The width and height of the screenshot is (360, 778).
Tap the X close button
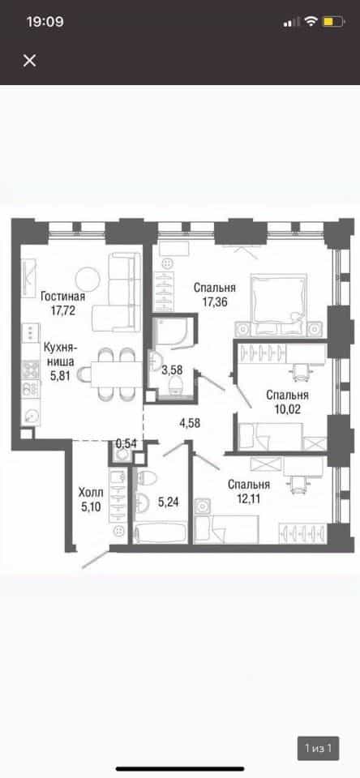(x=30, y=61)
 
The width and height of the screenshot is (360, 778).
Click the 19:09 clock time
(x=45, y=22)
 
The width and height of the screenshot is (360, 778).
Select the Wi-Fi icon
(x=311, y=21)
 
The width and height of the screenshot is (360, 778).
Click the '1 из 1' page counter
(x=319, y=748)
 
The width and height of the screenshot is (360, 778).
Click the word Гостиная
(x=63, y=297)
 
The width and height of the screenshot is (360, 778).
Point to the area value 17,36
(x=215, y=301)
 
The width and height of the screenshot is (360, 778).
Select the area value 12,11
(x=249, y=498)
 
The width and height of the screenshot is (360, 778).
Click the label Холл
(x=91, y=493)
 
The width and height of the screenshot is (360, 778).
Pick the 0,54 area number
(x=126, y=443)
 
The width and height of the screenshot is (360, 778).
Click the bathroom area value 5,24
(x=168, y=502)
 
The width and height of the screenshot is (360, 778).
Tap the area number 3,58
(x=174, y=370)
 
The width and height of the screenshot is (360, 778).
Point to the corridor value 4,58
(x=190, y=423)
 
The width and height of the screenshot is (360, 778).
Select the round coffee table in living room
(x=88, y=279)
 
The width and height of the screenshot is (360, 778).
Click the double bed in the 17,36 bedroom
(x=278, y=303)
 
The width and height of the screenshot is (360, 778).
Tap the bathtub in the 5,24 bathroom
(x=161, y=532)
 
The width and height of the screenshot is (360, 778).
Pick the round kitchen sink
(x=32, y=416)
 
